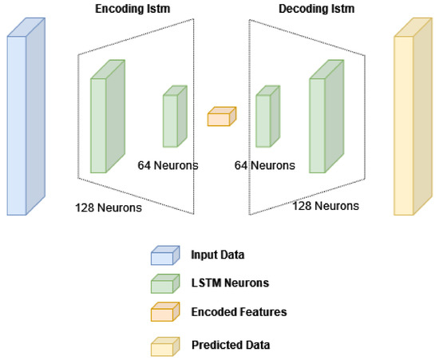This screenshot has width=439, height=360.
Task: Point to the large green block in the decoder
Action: [323, 120]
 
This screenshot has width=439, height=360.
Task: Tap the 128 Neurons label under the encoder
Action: [109, 209]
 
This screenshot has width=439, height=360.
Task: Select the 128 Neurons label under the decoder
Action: [326, 206]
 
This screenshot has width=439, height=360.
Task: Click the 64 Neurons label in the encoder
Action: [168, 165]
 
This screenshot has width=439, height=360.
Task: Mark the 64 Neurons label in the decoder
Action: [265, 165]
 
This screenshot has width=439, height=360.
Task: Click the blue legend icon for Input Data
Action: [164, 255]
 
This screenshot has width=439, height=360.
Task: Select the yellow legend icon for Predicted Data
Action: [164, 345]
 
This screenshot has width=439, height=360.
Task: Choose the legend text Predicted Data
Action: [230, 345]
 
